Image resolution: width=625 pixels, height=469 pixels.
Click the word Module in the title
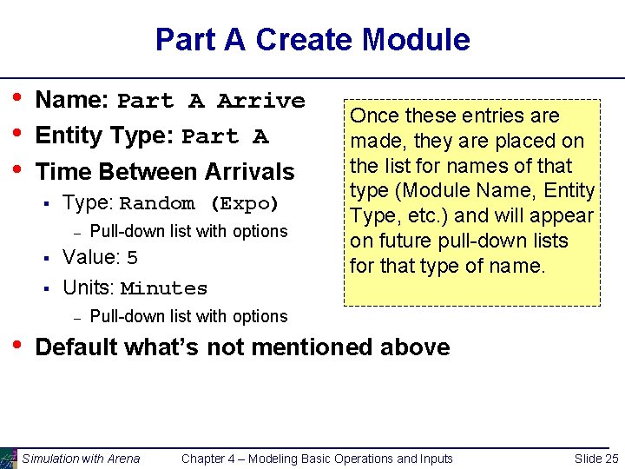click(416, 40)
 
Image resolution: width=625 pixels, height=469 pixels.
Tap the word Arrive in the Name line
click(261, 101)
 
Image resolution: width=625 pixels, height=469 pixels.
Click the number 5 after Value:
click(132, 258)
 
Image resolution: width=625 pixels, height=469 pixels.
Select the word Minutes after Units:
click(164, 288)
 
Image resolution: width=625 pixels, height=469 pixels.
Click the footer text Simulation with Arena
click(81, 459)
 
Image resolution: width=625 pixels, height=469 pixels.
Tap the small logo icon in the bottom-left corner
click(8, 458)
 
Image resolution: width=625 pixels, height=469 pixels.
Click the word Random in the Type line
click(157, 204)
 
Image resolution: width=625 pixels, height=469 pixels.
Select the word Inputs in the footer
click(435, 459)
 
